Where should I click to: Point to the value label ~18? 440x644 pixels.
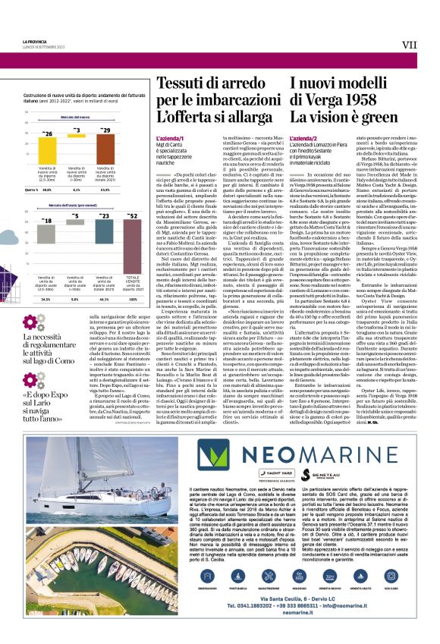tap(47, 220)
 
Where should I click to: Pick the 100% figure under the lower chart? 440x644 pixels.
tap(134, 279)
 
